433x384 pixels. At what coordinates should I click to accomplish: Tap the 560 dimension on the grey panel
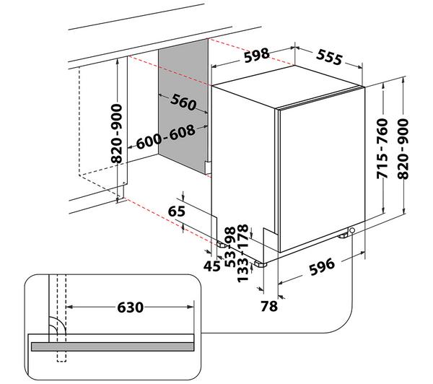(177, 102)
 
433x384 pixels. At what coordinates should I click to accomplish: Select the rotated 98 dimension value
(229, 235)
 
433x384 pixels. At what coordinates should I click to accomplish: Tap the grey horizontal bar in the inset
(123, 346)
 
